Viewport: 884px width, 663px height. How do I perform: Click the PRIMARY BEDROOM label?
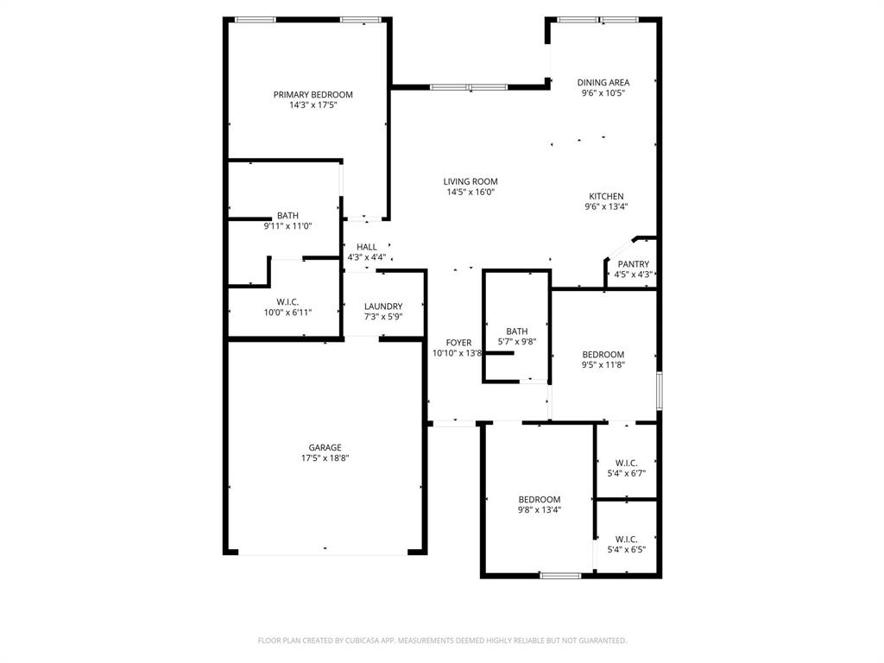coord(313,95)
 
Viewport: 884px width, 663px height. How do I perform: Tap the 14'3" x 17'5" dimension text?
coord(313,105)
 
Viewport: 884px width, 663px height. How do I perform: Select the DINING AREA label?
coord(603,83)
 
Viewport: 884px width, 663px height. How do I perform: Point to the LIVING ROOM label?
coord(470,182)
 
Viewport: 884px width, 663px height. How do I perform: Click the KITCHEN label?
coord(606,197)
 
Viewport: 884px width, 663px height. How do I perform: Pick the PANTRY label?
coord(633,265)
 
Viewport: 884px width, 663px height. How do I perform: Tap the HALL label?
coord(367,247)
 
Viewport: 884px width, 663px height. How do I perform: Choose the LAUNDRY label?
coord(383,306)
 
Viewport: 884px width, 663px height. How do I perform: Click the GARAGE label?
coord(325,448)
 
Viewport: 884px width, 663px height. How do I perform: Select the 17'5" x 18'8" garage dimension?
coord(325,458)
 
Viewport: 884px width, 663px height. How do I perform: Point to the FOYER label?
coord(458,343)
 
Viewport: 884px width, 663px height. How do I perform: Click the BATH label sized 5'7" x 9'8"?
coord(517,331)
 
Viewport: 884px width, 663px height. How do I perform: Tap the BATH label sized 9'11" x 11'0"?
coord(287,216)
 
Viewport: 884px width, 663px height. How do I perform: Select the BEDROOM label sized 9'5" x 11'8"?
coord(603,355)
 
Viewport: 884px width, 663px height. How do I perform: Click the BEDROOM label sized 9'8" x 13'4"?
coord(540,500)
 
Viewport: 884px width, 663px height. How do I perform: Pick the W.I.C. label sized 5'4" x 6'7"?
coord(627,463)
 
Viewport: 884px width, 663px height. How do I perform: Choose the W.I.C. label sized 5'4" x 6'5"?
coord(627,539)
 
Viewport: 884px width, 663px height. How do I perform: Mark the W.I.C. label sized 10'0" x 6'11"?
coord(287,302)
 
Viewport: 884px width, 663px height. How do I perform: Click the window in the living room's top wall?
coord(469,87)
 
